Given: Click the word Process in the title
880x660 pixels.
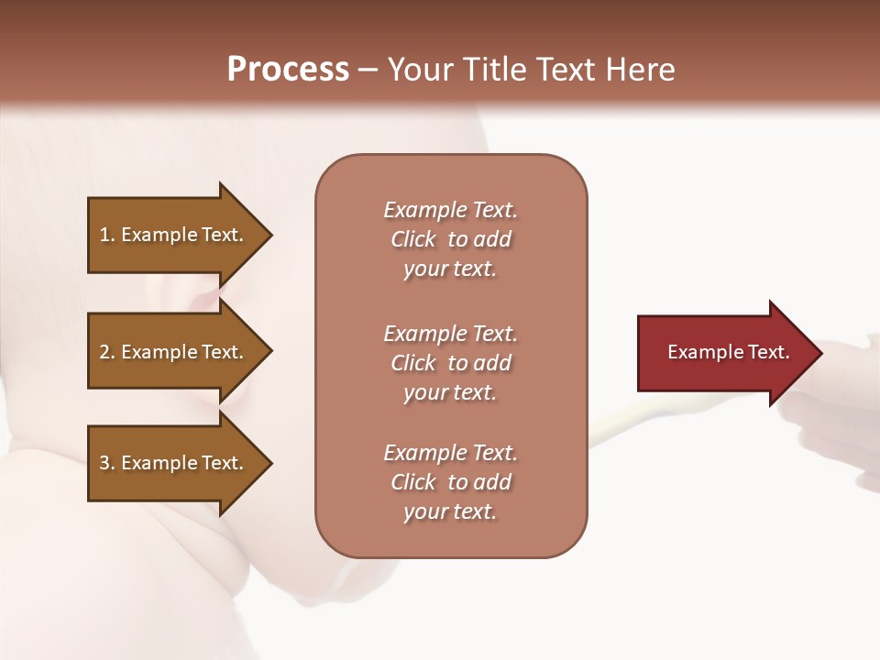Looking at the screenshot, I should (288, 70).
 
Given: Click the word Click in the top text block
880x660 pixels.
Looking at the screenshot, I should (413, 239).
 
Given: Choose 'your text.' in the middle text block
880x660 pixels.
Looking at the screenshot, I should (450, 392).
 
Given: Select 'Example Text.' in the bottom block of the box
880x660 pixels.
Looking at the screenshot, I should (450, 453).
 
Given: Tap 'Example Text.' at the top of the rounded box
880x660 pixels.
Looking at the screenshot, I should (450, 210).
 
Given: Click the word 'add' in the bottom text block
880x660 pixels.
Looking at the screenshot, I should (493, 482).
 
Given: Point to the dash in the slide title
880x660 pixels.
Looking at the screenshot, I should (368, 71).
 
